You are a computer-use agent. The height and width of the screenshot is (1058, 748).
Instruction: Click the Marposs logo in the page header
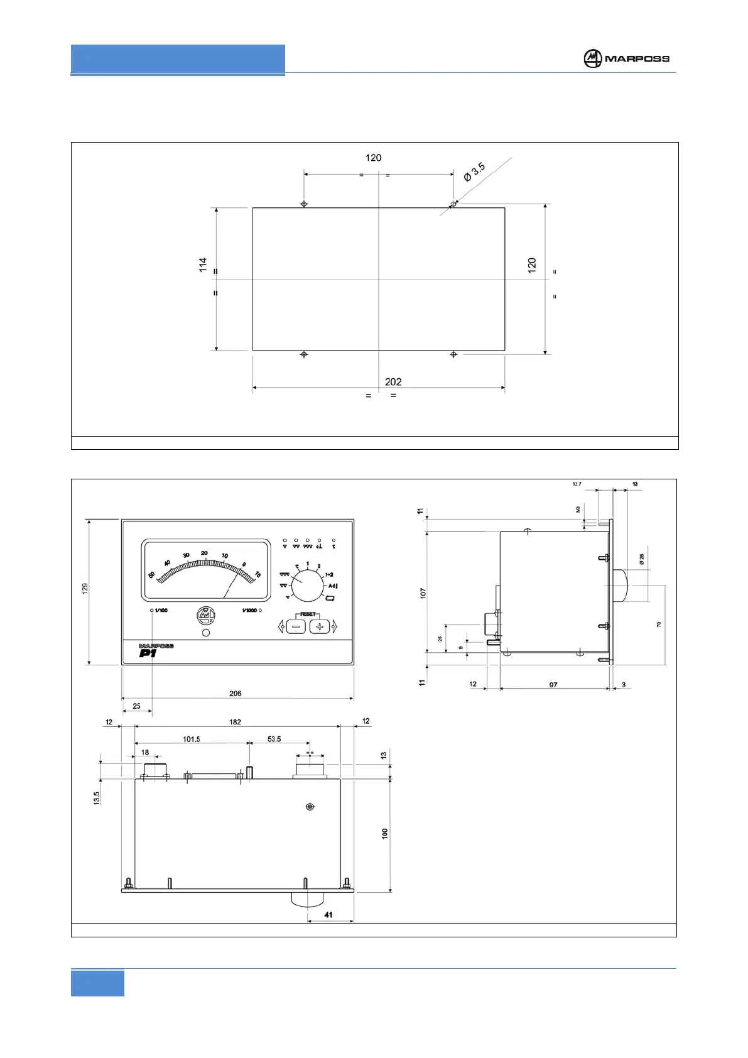pyautogui.click(x=626, y=58)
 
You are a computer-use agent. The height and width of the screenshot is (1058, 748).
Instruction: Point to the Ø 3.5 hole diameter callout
pyautogui.click(x=475, y=172)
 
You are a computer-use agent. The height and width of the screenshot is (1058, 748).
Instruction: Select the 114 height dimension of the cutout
pyautogui.click(x=203, y=264)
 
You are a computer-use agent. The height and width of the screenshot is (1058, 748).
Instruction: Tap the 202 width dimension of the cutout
pyautogui.click(x=393, y=381)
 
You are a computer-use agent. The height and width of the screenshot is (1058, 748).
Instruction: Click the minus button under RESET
pyautogui.click(x=296, y=626)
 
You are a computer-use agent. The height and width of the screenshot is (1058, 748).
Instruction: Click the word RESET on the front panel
pyautogui.click(x=308, y=614)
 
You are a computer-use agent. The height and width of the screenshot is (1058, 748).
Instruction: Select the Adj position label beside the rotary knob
pyautogui.click(x=333, y=586)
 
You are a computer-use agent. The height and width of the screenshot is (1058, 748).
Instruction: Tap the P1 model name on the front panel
pyautogui.click(x=148, y=653)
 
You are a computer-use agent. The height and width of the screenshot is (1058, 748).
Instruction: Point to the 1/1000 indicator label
pyautogui.click(x=249, y=610)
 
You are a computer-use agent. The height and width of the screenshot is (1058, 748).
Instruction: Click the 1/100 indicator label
pyautogui.click(x=161, y=610)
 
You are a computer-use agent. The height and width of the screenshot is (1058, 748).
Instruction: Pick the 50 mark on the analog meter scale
pyautogui.click(x=151, y=574)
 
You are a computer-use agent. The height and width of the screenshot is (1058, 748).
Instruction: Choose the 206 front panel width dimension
pyautogui.click(x=236, y=693)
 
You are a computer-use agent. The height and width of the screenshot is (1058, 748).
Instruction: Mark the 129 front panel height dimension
pyautogui.click(x=85, y=588)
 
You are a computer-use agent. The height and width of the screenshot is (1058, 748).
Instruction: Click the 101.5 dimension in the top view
pyautogui.click(x=192, y=739)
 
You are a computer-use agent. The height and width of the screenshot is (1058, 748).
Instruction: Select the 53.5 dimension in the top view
pyautogui.click(x=274, y=739)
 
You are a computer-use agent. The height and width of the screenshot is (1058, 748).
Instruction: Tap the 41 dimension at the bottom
pyautogui.click(x=328, y=915)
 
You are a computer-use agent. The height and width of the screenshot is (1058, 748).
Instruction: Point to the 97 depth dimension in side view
pyautogui.click(x=553, y=684)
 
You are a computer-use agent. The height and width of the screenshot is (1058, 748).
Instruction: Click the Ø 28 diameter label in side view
pyautogui.click(x=641, y=559)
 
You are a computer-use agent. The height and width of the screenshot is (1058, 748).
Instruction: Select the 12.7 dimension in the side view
pyautogui.click(x=577, y=484)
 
